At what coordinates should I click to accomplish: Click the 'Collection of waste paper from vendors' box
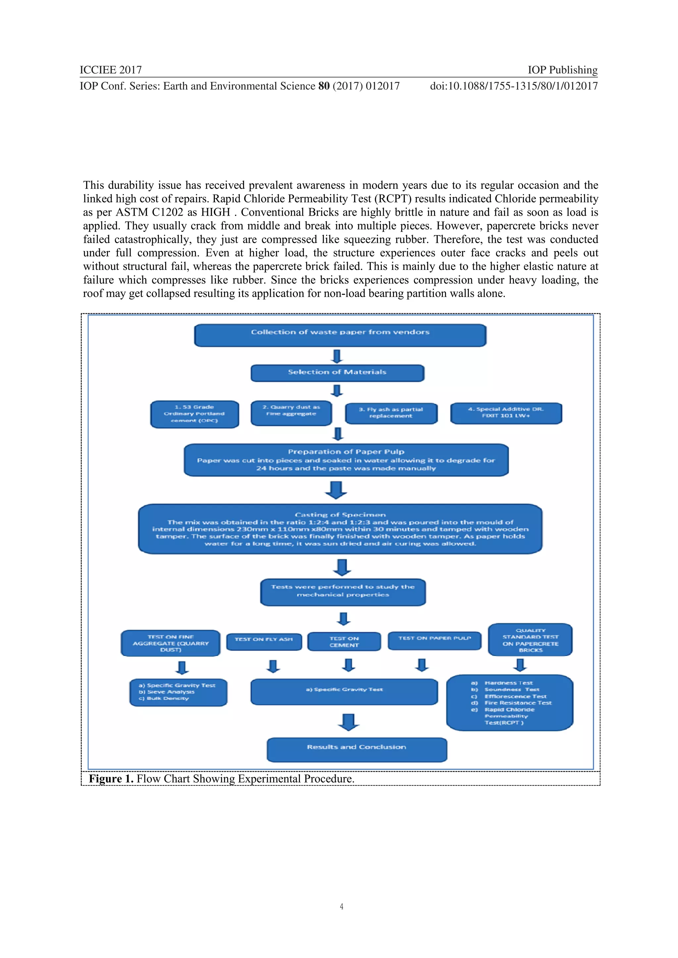pos(340,335)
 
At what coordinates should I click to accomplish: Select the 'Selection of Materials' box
pos(337,372)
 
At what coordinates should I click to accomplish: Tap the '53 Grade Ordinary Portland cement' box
pos(195,414)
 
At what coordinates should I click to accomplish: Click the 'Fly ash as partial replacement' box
pos(391,413)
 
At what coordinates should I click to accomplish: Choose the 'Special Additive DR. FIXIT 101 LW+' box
pos(506,413)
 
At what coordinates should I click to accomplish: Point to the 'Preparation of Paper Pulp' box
pos(346,460)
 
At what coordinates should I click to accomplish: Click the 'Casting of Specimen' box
pos(340,529)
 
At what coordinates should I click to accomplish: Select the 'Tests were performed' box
pos(343,592)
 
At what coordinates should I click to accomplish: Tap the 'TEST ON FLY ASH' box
pos(264,641)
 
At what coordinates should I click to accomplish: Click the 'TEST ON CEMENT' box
pos(344,642)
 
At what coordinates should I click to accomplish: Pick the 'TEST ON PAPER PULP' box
pos(434,640)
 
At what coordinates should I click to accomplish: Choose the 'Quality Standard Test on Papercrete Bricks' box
pos(530,640)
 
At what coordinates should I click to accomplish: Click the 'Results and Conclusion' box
pos(357,749)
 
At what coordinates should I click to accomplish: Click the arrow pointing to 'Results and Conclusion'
pos(349,722)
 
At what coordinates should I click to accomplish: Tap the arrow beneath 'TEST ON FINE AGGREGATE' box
pos(182,668)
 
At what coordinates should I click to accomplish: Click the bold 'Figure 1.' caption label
pos(111,779)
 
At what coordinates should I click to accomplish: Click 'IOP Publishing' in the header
pos(562,70)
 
